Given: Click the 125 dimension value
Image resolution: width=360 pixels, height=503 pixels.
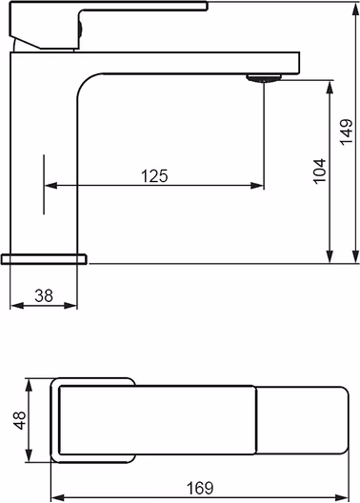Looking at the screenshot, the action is click(154, 176).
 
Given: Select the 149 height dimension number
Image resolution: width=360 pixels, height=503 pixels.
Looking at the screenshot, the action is click(347, 132).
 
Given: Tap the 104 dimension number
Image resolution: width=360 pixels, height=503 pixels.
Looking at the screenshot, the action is click(320, 171).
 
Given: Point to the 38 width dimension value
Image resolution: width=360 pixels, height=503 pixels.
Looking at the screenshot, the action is click(44, 295).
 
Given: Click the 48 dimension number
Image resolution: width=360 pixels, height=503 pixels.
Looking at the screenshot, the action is click(20, 420).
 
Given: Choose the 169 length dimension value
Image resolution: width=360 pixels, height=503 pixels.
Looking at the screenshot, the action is click(200, 488).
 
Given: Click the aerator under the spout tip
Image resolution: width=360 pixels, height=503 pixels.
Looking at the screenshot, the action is click(264, 78).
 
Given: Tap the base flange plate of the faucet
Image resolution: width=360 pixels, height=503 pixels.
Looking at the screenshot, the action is click(44, 259).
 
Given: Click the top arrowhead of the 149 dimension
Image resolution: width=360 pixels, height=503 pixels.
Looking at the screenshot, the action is click(355, 10).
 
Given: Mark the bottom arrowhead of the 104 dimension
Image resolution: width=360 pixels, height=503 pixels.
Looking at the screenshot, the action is click(330, 256).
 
